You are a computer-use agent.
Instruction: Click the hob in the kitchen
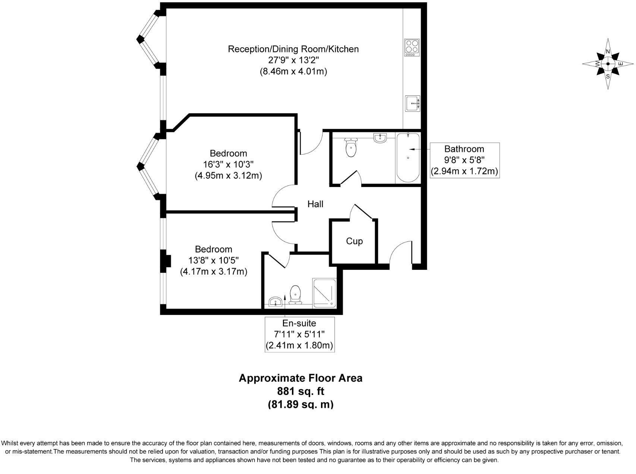coord(412,48)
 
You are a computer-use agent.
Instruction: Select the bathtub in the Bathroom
coord(408,158)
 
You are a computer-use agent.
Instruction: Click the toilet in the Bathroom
coord(351,147)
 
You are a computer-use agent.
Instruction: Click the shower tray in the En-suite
coord(324,293)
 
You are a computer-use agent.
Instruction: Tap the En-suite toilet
coord(295,295)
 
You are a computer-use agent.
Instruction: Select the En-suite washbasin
coord(276,301)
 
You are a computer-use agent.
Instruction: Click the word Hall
coord(315,204)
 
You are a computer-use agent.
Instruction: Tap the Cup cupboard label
coord(354,241)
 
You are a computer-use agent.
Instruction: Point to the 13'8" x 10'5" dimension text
coord(214,260)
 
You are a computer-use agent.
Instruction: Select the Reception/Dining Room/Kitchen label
coord(293,49)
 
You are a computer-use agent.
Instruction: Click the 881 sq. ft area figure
coord(301,391)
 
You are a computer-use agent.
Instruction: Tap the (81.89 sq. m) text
coord(301,404)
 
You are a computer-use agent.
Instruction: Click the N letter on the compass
coord(608,51)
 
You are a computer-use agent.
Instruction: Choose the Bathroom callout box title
coord(464,149)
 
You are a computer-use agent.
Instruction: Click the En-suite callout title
coord(299,323)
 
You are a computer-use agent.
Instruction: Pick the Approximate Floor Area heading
coord(300,378)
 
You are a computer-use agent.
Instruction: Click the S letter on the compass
coord(608,76)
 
